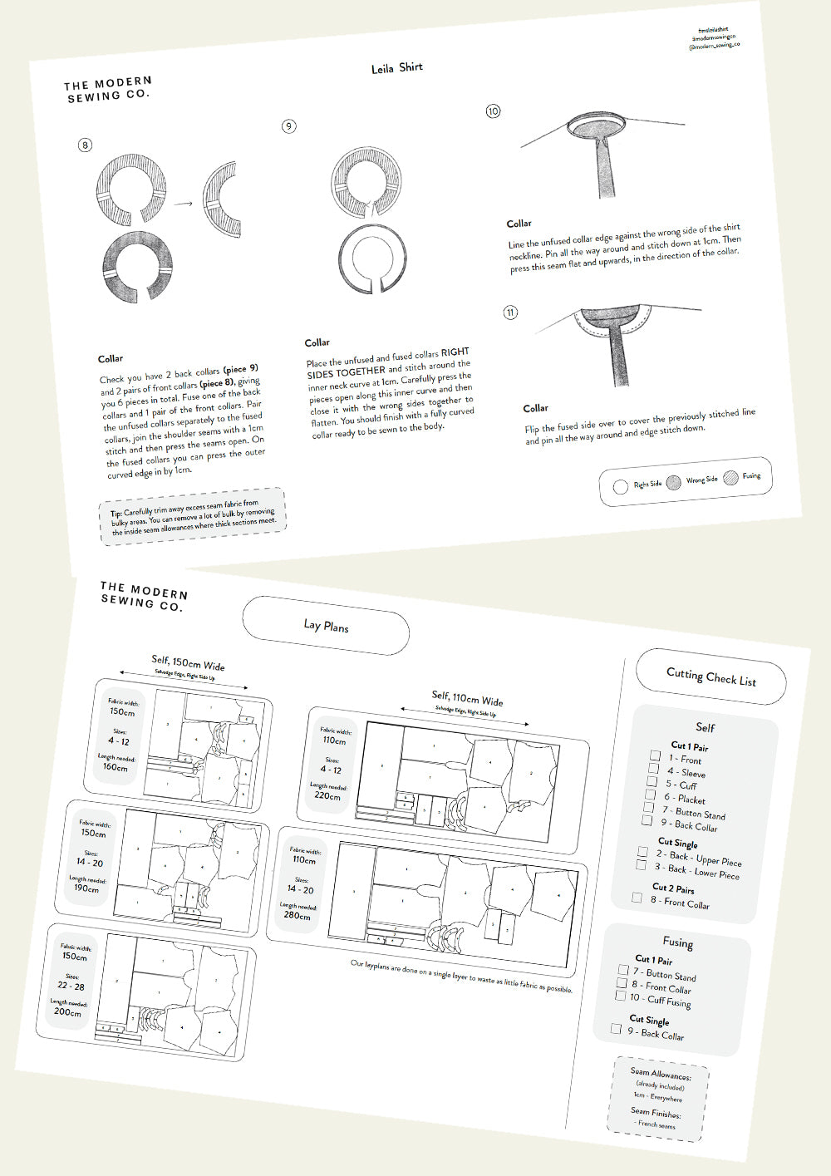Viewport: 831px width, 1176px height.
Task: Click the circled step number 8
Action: click(x=85, y=145)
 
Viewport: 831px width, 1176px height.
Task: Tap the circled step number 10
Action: click(x=493, y=111)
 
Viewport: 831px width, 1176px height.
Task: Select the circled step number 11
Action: click(x=510, y=312)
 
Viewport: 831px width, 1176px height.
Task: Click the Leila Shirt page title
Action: click(x=397, y=68)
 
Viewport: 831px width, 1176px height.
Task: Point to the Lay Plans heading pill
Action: click(x=326, y=626)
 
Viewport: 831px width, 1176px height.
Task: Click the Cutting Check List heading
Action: click(x=711, y=677)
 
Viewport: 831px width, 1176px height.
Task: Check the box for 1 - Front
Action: click(x=655, y=755)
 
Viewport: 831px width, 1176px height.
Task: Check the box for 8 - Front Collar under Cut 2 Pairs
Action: click(x=637, y=898)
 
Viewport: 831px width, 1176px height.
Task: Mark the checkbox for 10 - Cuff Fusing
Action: click(x=620, y=995)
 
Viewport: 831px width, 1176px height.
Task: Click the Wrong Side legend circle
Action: click(x=674, y=482)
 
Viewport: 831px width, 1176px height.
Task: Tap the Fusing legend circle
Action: click(x=730, y=478)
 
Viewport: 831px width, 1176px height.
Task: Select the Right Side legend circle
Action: click(x=620, y=487)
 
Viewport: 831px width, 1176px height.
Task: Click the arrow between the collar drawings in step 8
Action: click(x=184, y=203)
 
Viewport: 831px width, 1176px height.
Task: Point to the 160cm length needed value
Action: click(x=116, y=767)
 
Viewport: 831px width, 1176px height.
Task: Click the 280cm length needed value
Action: click(x=296, y=915)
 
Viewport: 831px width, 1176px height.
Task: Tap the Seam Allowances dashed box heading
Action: click(x=660, y=1074)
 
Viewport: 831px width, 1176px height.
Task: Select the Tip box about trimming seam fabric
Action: click(x=193, y=516)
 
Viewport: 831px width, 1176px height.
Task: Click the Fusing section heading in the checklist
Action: click(x=677, y=942)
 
